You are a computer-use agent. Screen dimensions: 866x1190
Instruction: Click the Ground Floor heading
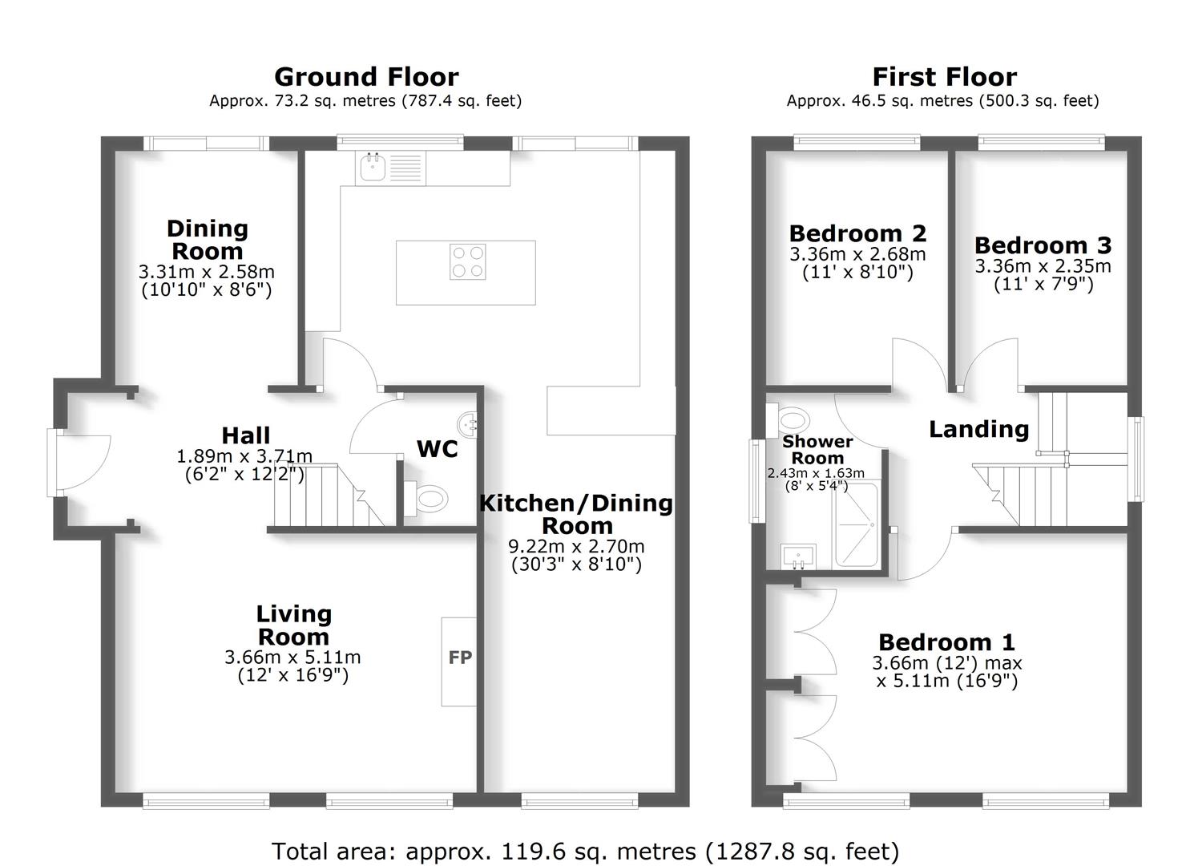click(x=366, y=77)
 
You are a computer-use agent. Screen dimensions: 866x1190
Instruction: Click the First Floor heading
click(x=944, y=77)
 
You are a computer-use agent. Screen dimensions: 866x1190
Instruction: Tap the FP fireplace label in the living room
click(x=460, y=658)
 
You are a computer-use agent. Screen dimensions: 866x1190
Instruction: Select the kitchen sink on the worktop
click(x=373, y=168)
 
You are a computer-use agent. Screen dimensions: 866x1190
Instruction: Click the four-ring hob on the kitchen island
click(x=467, y=261)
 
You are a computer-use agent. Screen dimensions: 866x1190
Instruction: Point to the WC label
click(x=437, y=449)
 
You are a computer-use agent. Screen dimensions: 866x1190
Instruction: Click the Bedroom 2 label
click(x=857, y=233)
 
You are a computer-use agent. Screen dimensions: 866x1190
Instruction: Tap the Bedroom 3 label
click(x=1043, y=245)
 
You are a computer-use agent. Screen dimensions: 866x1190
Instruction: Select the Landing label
click(x=978, y=429)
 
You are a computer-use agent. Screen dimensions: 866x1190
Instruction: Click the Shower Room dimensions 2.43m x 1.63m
click(x=816, y=473)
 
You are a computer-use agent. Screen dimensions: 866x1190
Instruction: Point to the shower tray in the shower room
click(x=857, y=524)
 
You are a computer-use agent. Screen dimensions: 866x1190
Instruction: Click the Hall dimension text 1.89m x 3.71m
click(x=244, y=456)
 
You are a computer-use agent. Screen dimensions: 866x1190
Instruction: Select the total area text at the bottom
click(x=585, y=851)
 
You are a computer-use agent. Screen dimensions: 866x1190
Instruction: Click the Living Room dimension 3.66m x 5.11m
click(x=292, y=658)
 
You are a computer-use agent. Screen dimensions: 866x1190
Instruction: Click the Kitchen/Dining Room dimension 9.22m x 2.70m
click(x=576, y=547)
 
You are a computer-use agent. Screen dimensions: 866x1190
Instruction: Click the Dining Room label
click(x=207, y=239)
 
